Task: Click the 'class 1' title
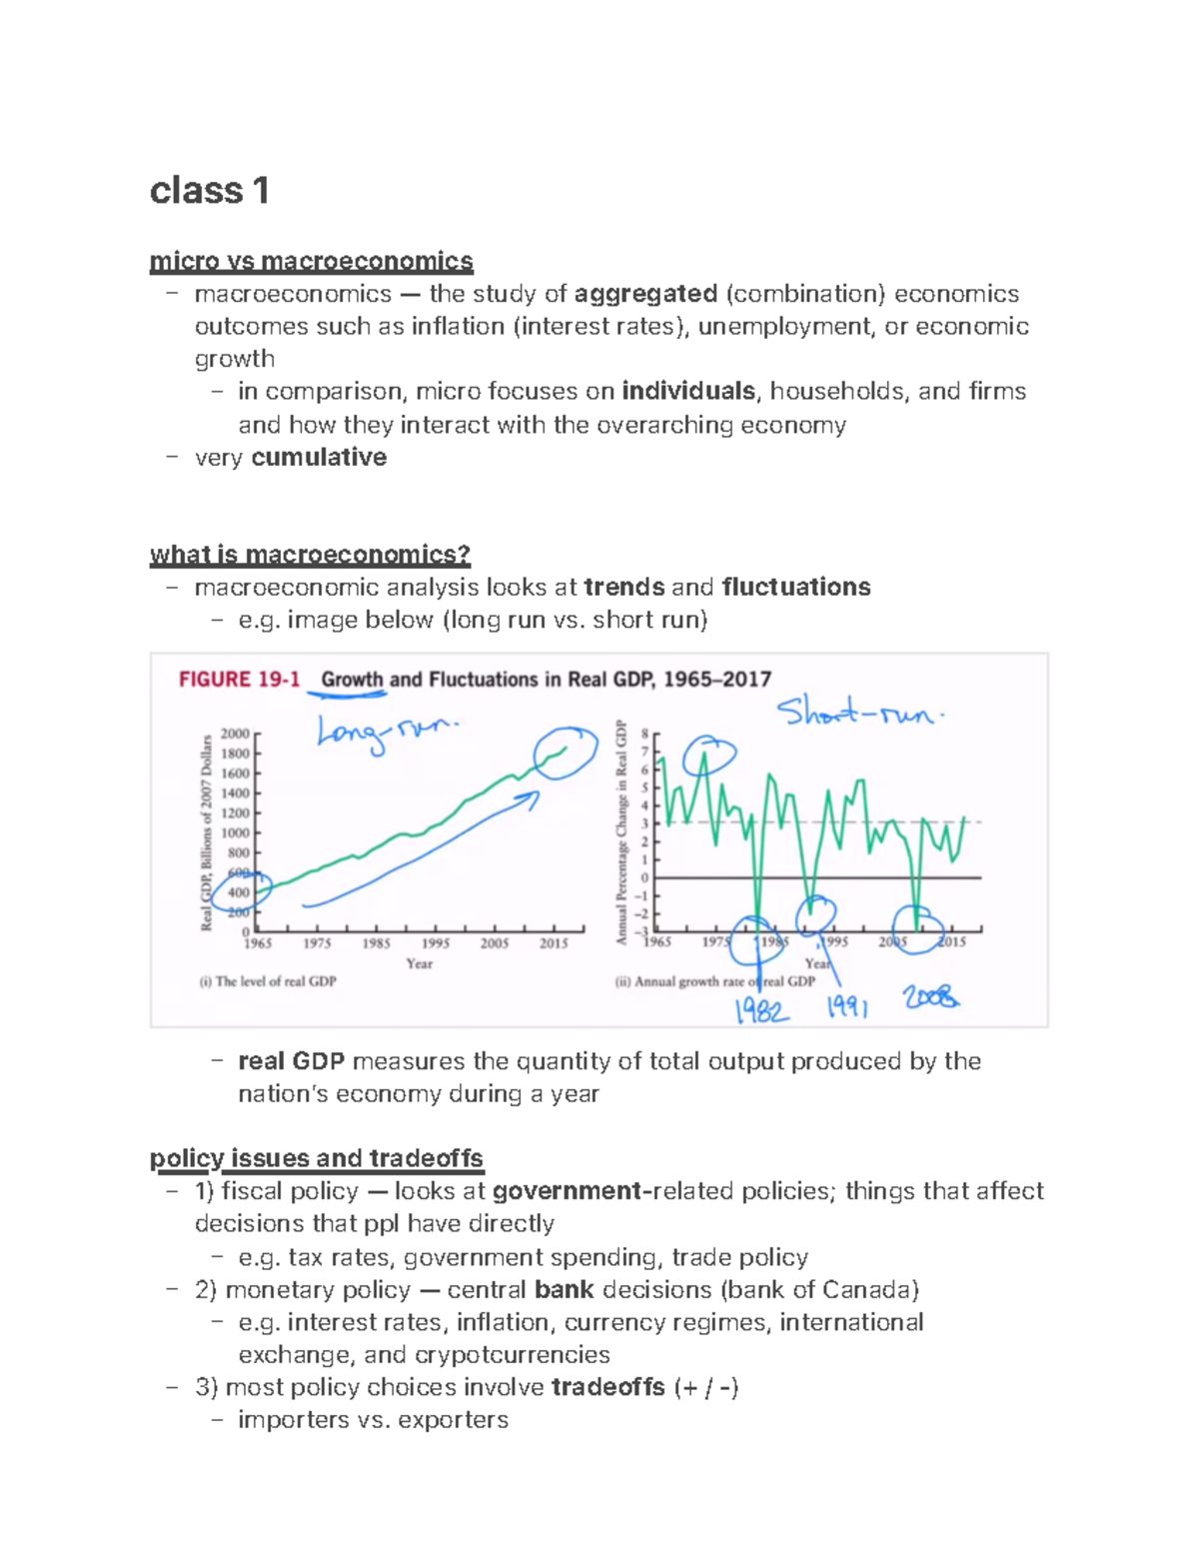pos(209,190)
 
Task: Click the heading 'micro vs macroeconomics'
pos(311,261)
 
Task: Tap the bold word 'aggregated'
pos(645,294)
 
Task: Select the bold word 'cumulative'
pos(319,457)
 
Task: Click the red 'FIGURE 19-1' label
pos(239,680)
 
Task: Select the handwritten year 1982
pos(761,1011)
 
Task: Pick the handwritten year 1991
pos(847,1006)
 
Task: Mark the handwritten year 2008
pos(930,996)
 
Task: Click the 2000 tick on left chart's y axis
pos(236,734)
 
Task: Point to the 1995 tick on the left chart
pos(436,942)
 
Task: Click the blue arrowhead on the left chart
pos(532,797)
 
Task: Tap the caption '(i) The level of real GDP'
pos(268,981)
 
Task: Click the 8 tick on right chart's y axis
pos(644,734)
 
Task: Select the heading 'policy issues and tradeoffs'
pos(316,1158)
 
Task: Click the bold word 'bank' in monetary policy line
pos(564,1289)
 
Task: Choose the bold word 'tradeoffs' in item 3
pos(607,1387)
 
